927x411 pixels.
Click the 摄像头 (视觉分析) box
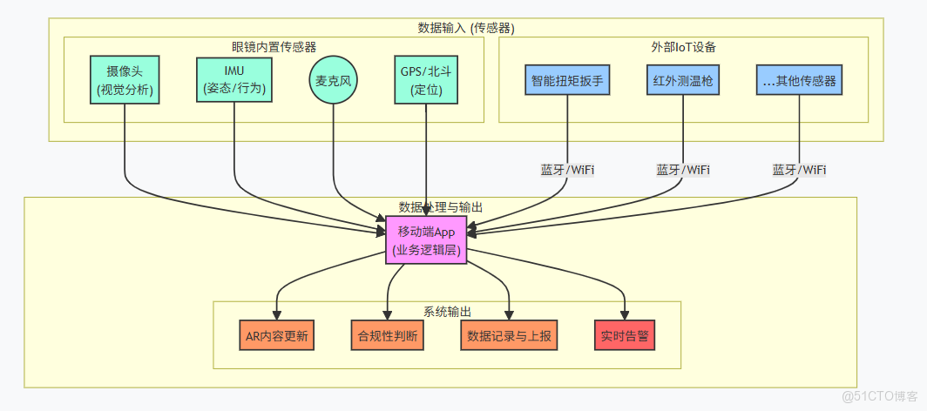tap(125, 80)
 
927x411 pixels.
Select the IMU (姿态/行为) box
tap(233, 79)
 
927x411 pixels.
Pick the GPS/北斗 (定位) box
tap(425, 79)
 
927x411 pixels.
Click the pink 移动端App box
tap(426, 240)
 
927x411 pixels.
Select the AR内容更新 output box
tap(277, 335)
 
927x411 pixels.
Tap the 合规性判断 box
tap(388, 335)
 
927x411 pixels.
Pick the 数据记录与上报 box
tap(508, 335)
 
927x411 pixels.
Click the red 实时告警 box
tap(624, 335)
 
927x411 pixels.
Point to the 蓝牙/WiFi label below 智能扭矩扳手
tap(567, 169)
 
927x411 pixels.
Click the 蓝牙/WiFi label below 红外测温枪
tap(683, 169)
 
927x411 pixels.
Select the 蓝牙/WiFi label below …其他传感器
tap(800, 169)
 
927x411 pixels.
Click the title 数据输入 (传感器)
tap(466, 28)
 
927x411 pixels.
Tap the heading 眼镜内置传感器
tap(274, 45)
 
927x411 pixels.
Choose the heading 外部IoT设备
tap(683, 45)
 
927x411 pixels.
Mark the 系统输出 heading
tap(447, 311)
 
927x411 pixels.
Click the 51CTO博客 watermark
tap(879, 396)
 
